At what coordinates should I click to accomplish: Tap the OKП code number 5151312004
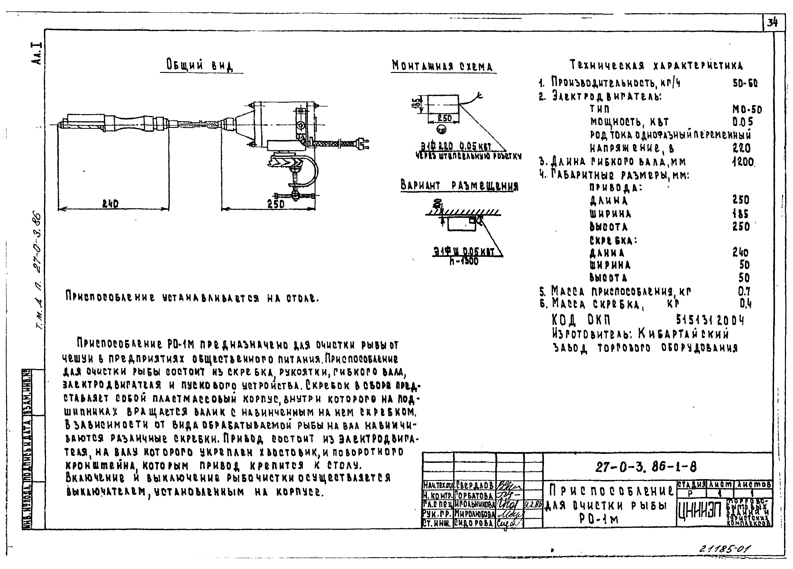(x=710, y=320)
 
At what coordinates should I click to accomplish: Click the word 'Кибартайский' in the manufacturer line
(x=684, y=334)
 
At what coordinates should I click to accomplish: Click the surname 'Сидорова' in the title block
(x=474, y=523)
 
